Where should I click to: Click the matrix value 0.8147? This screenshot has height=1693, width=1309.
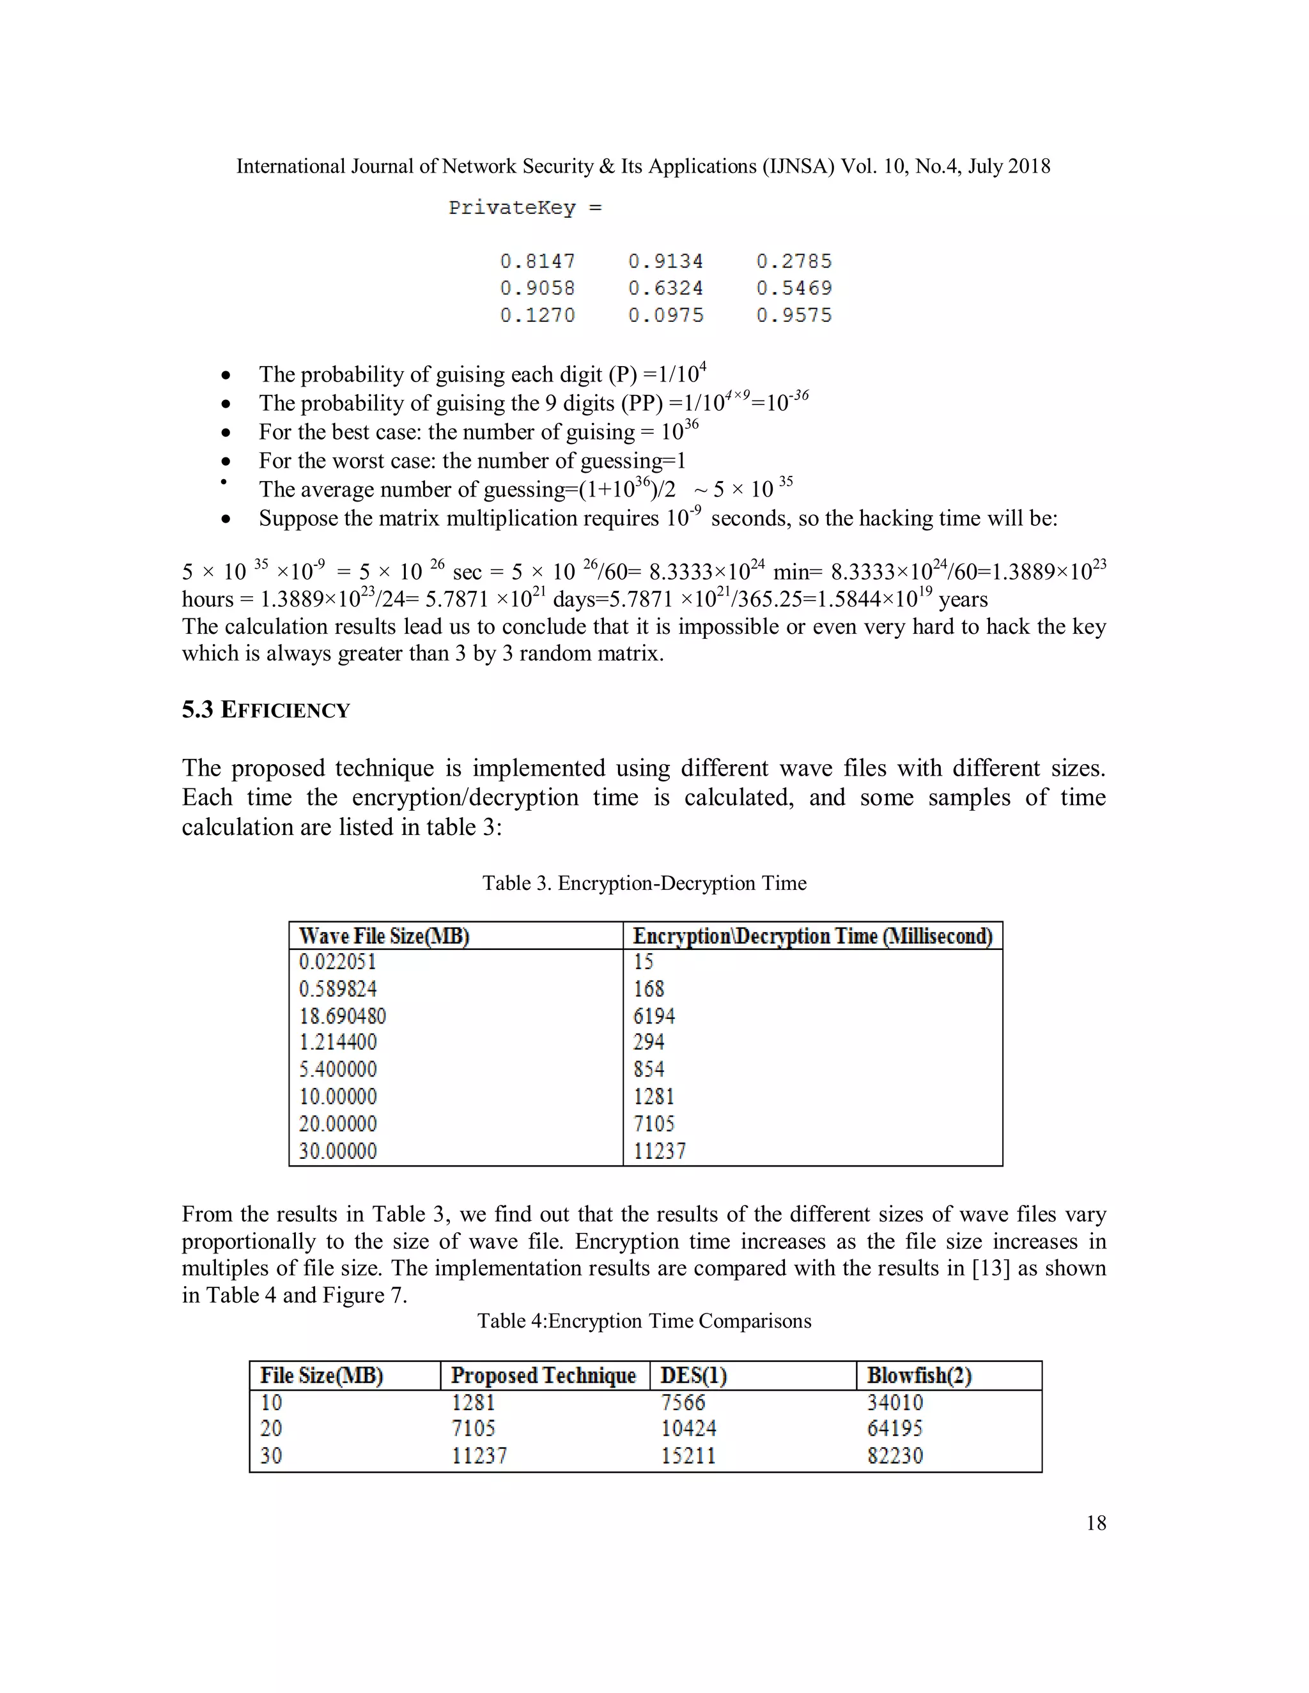pos(538,261)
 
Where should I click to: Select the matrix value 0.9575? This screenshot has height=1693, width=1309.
pos(793,316)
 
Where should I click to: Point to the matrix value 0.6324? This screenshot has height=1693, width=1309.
pos(665,288)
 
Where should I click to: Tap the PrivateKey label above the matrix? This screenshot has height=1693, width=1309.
pos(512,208)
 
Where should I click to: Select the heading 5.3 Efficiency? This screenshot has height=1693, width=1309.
pos(265,710)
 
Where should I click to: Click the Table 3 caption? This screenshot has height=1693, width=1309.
pos(644,883)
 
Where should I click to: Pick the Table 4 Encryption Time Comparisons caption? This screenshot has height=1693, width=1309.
pos(644,1321)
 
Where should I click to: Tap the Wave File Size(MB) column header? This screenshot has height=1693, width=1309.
pos(384,937)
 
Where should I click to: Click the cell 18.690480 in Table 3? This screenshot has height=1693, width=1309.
pos(342,1016)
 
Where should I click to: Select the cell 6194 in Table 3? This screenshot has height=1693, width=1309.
pos(654,1016)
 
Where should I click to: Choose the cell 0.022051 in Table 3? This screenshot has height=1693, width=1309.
pos(337,962)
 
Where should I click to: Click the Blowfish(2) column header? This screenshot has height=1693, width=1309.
pos(919,1376)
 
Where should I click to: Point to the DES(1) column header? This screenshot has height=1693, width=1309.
pos(693,1376)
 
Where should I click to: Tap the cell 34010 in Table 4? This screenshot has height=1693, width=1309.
pos(895,1402)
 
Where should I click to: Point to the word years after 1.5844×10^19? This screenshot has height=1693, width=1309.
pos(963,599)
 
